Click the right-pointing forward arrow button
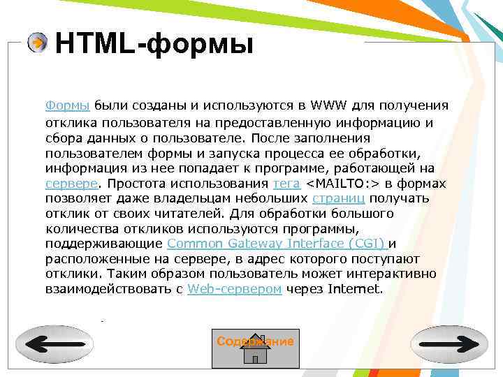click(x=449, y=344)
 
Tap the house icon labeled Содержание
click(x=255, y=348)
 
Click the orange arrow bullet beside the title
click(x=38, y=43)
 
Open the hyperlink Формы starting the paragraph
click(x=67, y=105)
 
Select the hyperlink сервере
click(x=71, y=184)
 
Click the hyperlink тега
click(x=286, y=184)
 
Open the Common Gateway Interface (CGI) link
click(x=277, y=243)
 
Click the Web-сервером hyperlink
click(x=235, y=288)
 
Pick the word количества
click(x=78, y=228)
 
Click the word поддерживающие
click(x=104, y=243)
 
